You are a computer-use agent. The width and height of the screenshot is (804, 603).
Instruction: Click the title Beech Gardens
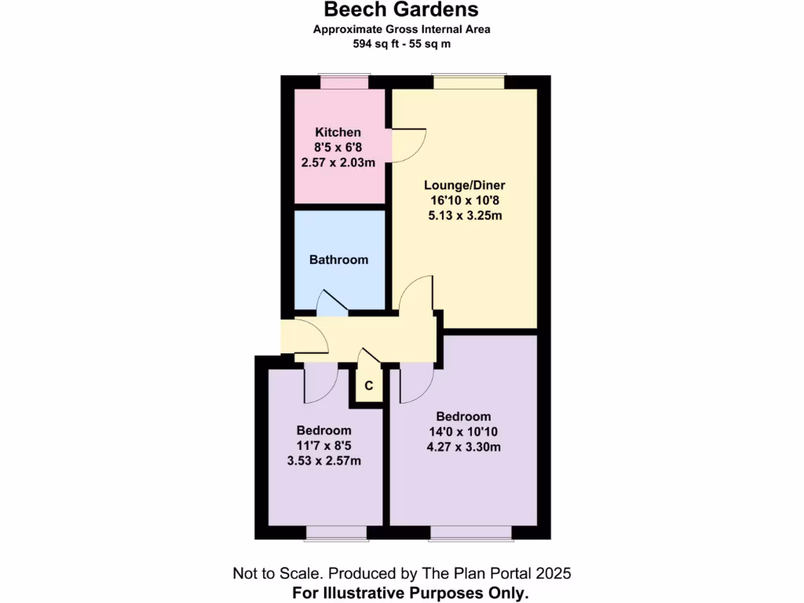(x=401, y=10)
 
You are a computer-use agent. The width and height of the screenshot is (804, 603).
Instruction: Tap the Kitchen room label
(x=338, y=132)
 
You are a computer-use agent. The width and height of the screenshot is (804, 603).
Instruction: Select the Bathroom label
(x=338, y=259)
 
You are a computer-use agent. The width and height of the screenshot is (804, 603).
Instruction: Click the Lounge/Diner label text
(x=465, y=185)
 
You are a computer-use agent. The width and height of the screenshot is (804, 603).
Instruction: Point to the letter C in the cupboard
(x=368, y=386)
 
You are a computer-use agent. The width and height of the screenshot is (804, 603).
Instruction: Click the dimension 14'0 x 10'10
(x=463, y=432)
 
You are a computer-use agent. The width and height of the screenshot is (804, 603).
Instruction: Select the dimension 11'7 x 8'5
(x=323, y=445)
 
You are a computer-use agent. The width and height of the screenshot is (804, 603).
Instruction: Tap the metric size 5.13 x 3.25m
(x=465, y=215)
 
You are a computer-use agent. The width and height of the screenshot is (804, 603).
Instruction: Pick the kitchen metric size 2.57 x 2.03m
(x=338, y=163)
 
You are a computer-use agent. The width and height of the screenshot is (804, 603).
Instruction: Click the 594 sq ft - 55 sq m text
(x=401, y=44)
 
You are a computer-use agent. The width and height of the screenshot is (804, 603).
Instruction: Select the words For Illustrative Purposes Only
(x=411, y=592)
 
